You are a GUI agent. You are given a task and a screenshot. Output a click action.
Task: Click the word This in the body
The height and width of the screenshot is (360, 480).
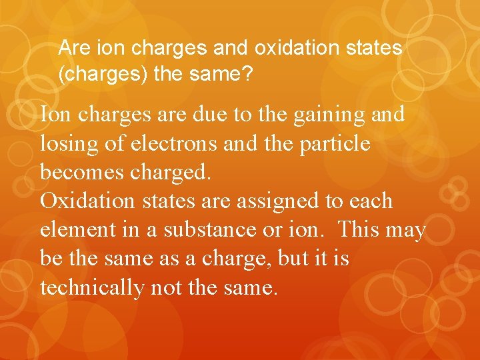click(x=360, y=230)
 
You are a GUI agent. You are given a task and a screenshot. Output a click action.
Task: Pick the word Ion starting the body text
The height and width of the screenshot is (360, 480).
click(x=56, y=115)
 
